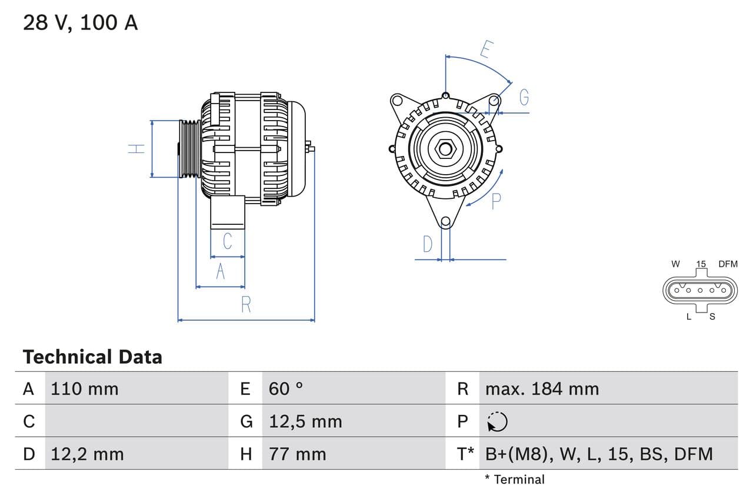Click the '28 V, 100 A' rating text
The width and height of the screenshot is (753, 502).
click(x=80, y=22)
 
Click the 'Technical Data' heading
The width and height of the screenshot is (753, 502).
click(x=92, y=357)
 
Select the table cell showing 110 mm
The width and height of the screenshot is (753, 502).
click(x=85, y=388)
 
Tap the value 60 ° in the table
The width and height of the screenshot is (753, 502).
click(x=286, y=388)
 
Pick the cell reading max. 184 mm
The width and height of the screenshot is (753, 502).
click(x=542, y=388)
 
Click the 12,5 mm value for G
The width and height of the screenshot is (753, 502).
click(x=305, y=421)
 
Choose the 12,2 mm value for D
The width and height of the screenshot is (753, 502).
click(x=87, y=454)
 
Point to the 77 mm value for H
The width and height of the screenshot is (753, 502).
click(x=297, y=454)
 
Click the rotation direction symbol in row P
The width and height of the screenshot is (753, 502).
click(x=497, y=421)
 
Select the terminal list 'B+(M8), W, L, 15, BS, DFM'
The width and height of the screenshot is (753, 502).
click(x=599, y=454)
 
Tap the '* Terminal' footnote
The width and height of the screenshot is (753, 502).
click(x=515, y=479)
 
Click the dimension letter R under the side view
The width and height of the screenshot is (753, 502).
click(x=246, y=305)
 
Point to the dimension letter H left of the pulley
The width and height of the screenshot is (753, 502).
click(x=136, y=148)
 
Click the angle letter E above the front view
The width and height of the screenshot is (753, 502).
click(x=485, y=49)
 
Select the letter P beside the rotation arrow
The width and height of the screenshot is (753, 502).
click(x=496, y=201)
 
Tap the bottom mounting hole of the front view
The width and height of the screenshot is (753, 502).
click(x=445, y=222)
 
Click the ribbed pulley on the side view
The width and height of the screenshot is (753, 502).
click(x=189, y=148)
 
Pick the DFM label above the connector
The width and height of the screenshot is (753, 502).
click(x=727, y=264)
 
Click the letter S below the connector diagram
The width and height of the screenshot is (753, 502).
click(x=712, y=317)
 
